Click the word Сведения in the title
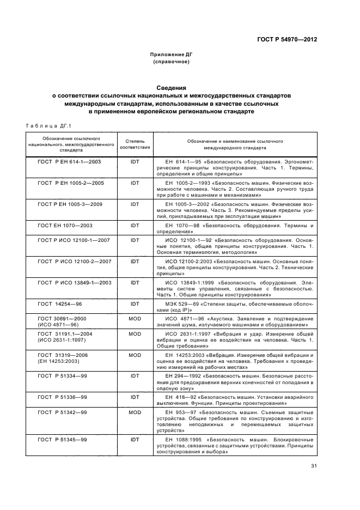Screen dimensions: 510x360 pyautogui.click(x=172, y=87)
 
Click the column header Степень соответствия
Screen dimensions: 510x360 pyautogui.click(x=135, y=144)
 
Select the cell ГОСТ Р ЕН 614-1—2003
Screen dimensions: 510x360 pyautogui.click(x=70, y=162)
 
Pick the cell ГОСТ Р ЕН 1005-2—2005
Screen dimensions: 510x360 pyautogui.click(x=71, y=183)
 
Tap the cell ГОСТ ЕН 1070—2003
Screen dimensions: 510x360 pyautogui.click(x=65, y=225)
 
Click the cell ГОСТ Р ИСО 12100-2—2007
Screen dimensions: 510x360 pyautogui.click(x=75, y=261)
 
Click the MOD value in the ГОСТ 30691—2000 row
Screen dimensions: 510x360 pyautogui.click(x=135, y=318)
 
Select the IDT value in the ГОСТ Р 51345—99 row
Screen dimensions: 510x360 pyautogui.click(x=135, y=439)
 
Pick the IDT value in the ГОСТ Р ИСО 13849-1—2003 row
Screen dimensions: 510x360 pyautogui.click(x=135, y=282)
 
